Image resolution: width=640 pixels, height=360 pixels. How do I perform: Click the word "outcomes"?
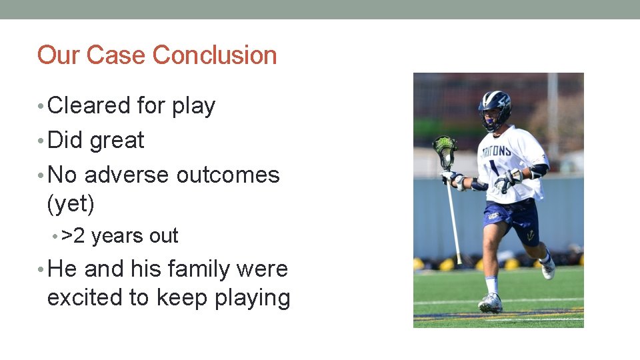228,175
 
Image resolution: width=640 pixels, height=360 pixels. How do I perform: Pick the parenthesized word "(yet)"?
71,204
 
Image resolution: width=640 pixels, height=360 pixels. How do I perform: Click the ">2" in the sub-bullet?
73,236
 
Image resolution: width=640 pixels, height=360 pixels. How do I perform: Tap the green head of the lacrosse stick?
444,148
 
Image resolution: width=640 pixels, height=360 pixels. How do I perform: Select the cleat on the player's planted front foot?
490,303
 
